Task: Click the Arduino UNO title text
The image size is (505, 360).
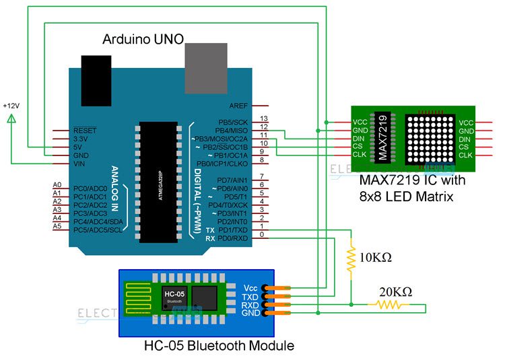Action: pyautogui.click(x=143, y=40)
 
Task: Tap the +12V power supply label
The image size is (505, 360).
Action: pyautogui.click(x=11, y=106)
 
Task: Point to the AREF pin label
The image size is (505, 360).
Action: pyautogui.click(x=238, y=106)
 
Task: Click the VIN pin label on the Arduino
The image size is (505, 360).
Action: pyautogui.click(x=79, y=162)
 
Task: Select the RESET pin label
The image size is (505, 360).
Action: pyautogui.click(x=85, y=130)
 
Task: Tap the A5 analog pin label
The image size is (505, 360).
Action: pyautogui.click(x=57, y=225)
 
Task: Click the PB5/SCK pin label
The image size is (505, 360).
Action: pyautogui.click(x=233, y=122)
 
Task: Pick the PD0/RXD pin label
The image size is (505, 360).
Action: pyautogui.click(x=232, y=238)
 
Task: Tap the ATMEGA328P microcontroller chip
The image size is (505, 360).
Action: pyautogui.click(x=158, y=181)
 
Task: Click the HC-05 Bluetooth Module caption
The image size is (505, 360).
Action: pyautogui.click(x=219, y=346)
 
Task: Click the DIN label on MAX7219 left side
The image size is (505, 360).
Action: pyautogui.click(x=360, y=139)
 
